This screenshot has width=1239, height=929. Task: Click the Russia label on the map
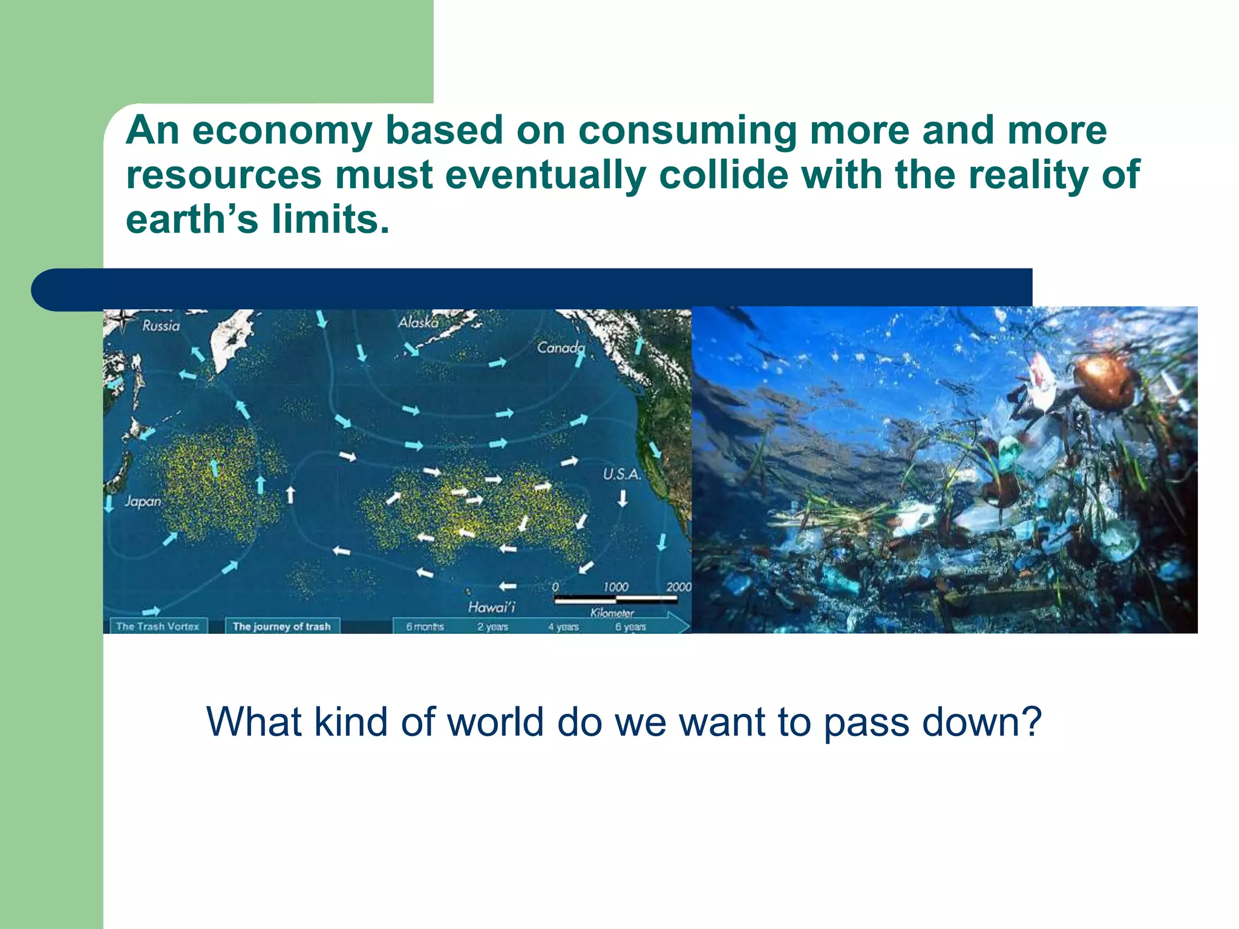161,326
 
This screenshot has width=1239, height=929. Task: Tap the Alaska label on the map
418,322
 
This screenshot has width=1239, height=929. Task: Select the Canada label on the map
561,348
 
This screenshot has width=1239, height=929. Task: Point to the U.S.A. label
621,474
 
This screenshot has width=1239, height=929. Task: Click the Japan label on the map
143,501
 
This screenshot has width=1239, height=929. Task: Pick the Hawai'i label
491,607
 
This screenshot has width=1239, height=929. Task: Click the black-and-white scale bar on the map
615,599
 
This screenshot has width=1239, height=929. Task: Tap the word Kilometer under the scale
612,613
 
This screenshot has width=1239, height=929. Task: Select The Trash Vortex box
158,627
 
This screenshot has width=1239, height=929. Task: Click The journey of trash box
282,627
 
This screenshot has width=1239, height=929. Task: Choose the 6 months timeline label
425,627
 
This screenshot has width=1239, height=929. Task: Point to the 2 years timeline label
492,627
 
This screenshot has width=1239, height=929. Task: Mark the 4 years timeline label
563,627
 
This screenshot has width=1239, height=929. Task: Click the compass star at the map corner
123,320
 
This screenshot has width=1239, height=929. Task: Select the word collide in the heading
724,175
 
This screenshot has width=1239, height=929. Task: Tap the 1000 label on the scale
615,587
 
